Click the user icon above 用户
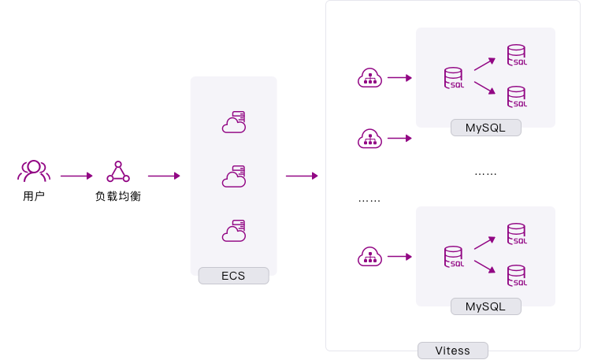34,171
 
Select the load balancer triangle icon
118,172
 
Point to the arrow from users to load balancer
76,176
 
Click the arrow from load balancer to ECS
164,176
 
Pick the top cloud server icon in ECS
233,122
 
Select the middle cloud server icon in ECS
233,177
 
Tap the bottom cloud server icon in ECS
233,231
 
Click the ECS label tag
233,276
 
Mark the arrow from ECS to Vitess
302,176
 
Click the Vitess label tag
453,351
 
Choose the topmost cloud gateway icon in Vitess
369,78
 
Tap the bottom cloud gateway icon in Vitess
369,257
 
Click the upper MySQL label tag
485,128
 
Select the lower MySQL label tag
485,306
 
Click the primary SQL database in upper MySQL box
454,78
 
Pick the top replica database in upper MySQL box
517,55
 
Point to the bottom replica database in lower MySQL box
517,275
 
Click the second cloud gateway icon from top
369,139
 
